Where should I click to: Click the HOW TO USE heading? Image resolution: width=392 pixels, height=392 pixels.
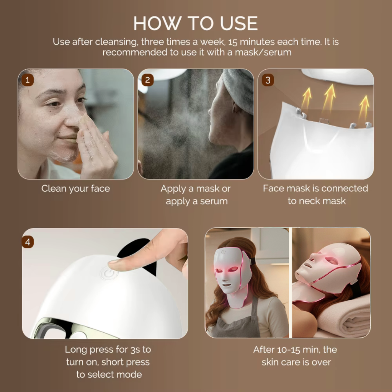(196, 24)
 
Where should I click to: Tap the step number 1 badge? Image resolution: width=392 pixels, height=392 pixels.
(28, 80)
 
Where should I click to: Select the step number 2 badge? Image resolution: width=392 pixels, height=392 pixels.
(147, 80)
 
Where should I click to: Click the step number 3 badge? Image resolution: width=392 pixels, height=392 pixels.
(268, 80)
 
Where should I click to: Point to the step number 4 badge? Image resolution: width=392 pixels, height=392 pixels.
(28, 242)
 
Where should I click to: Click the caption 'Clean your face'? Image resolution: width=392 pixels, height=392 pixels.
(75, 188)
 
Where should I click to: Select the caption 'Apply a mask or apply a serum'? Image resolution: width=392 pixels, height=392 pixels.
(196, 194)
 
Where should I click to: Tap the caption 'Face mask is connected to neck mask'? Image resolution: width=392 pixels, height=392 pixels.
(315, 194)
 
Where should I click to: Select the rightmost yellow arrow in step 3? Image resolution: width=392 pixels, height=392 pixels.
(364, 106)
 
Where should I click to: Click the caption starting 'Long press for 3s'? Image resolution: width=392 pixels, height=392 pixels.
(108, 362)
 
